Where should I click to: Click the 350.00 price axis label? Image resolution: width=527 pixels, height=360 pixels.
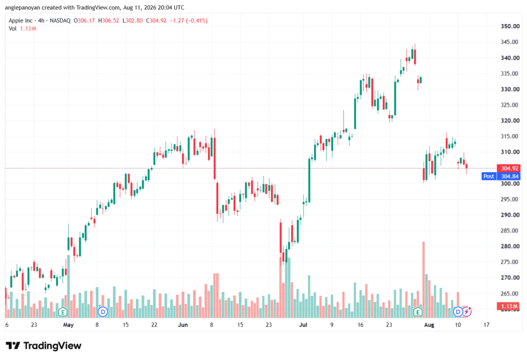[x=510, y=26]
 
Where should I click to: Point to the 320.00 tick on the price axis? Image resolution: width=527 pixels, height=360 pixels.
[x=510, y=121]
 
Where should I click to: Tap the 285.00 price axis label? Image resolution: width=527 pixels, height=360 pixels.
[x=510, y=230]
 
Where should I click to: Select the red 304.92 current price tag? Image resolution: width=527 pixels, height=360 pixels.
[x=509, y=168]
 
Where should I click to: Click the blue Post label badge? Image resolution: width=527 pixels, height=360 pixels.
[x=489, y=176]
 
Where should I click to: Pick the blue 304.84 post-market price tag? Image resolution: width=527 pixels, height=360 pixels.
[x=509, y=176]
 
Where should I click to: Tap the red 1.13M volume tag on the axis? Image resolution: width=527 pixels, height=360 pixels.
[x=509, y=306]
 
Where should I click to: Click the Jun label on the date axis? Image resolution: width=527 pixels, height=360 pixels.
[x=183, y=325]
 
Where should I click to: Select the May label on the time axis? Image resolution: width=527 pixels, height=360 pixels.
[x=68, y=325]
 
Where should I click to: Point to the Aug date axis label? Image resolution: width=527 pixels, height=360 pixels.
[x=429, y=325]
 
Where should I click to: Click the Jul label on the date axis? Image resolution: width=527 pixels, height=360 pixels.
[x=303, y=325]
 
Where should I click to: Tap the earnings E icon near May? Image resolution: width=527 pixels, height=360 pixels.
[x=63, y=312]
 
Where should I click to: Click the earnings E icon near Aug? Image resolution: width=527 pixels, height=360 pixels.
[x=418, y=312]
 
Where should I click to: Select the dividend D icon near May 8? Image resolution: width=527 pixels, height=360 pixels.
[x=103, y=312]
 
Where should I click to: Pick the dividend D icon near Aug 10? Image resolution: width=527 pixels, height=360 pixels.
[x=458, y=312]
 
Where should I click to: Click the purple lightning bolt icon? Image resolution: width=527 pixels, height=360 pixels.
[x=467, y=312]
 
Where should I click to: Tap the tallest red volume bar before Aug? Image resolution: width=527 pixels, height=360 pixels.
[x=424, y=280]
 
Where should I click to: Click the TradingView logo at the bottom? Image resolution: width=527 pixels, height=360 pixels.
[x=44, y=346]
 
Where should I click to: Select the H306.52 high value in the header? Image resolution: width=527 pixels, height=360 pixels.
[x=109, y=21]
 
